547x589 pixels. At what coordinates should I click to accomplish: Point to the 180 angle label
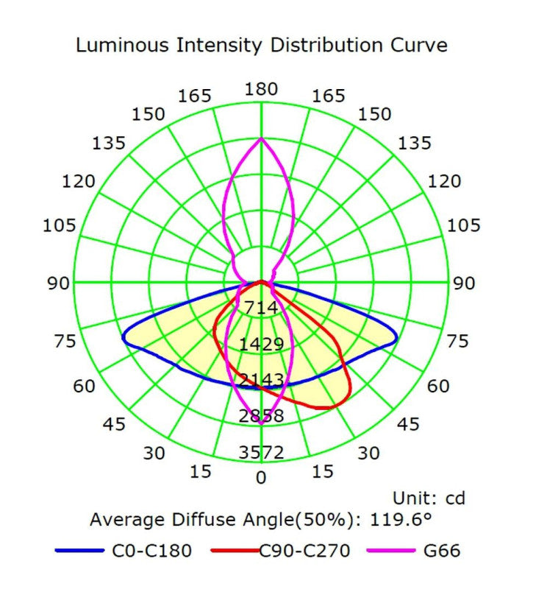pyautogui.click(x=261, y=90)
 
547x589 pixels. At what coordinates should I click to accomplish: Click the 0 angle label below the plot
pyautogui.click(x=261, y=477)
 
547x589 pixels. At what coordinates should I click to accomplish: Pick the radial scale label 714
pyautogui.click(x=261, y=308)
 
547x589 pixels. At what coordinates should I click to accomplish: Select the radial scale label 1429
pyautogui.click(x=261, y=344)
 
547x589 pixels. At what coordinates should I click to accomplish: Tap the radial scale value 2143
pyautogui.click(x=261, y=380)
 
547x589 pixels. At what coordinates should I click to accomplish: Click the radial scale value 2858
pyautogui.click(x=261, y=416)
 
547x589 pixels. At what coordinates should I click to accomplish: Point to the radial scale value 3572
pyautogui.click(x=261, y=452)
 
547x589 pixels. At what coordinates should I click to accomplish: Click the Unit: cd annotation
pyautogui.click(x=429, y=498)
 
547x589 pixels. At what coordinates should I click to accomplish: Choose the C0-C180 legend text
pyautogui.click(x=152, y=550)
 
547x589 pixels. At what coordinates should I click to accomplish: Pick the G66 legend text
pyautogui.click(x=440, y=550)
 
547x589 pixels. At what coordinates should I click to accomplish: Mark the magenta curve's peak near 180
pyautogui.click(x=261, y=138)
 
